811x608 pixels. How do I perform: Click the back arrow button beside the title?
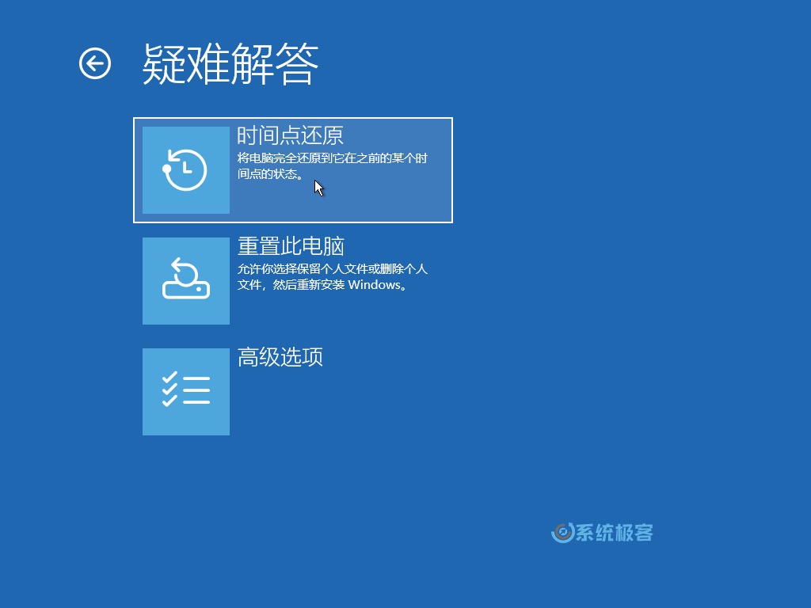[x=95, y=63]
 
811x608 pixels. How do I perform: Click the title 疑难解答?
[x=230, y=63]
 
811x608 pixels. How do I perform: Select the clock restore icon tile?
[x=186, y=170]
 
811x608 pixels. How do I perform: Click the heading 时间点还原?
[x=290, y=135]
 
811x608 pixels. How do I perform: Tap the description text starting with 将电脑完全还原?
[x=333, y=158]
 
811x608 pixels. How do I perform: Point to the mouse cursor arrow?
[x=318, y=188]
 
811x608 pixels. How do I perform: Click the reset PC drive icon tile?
[x=186, y=281]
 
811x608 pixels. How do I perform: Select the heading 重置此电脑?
[x=291, y=246]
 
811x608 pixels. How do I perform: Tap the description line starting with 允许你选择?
[x=333, y=269]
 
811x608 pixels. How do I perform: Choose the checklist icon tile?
[x=186, y=392]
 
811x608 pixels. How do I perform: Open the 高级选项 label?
[x=280, y=357]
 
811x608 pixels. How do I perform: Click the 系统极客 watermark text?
[x=614, y=533]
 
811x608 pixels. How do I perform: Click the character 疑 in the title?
[x=164, y=63]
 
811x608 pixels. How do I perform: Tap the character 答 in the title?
[x=298, y=63]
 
